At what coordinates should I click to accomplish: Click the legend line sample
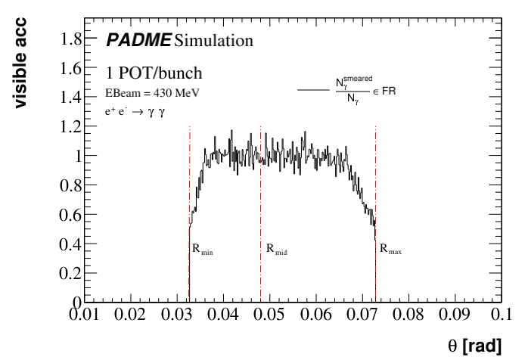click(x=312, y=90)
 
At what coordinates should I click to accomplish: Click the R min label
click(x=202, y=248)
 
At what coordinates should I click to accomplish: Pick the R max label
click(x=390, y=248)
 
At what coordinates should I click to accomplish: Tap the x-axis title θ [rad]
click(x=474, y=346)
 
